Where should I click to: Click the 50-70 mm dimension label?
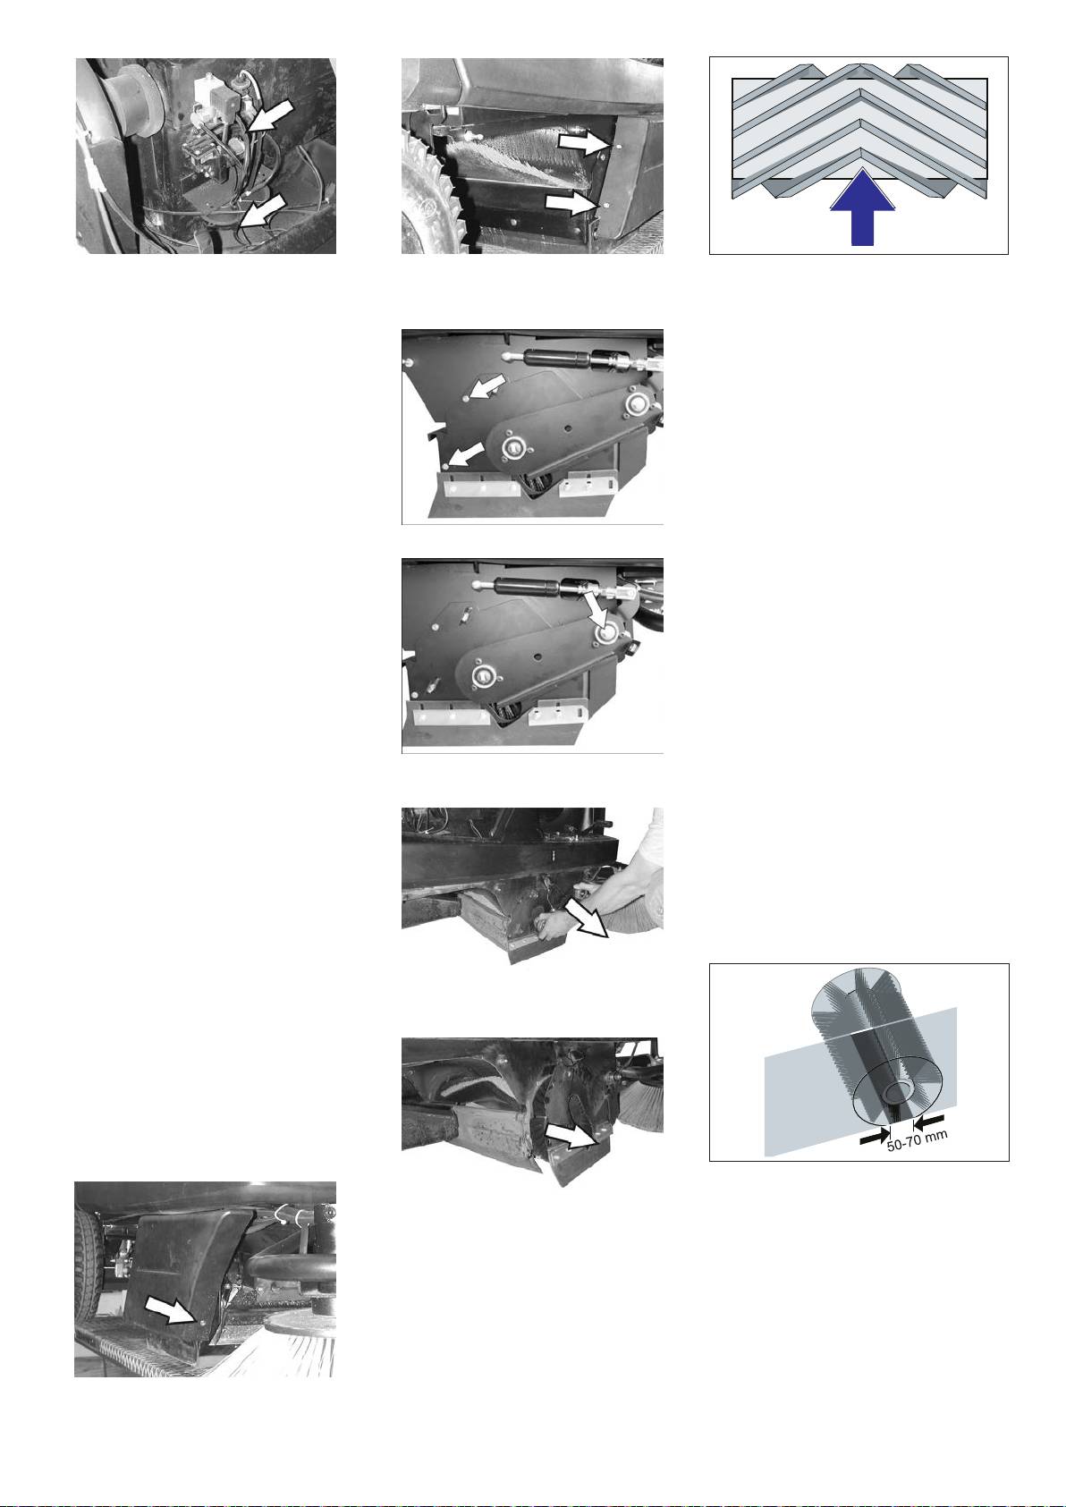917,1140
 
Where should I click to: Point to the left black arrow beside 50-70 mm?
875,1137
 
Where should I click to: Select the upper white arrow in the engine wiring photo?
269,115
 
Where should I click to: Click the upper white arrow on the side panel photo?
582,142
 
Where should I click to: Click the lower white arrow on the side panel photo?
571,202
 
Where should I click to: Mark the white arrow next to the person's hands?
586,919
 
